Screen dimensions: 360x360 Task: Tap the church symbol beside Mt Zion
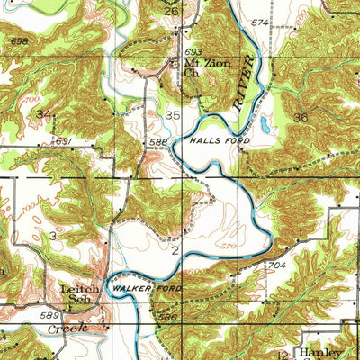tap(175, 64)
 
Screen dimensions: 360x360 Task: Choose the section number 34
tap(43, 112)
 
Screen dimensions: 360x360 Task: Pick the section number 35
tap(173, 115)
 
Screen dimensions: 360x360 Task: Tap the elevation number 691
tap(62, 141)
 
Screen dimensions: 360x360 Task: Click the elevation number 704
tap(276, 266)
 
